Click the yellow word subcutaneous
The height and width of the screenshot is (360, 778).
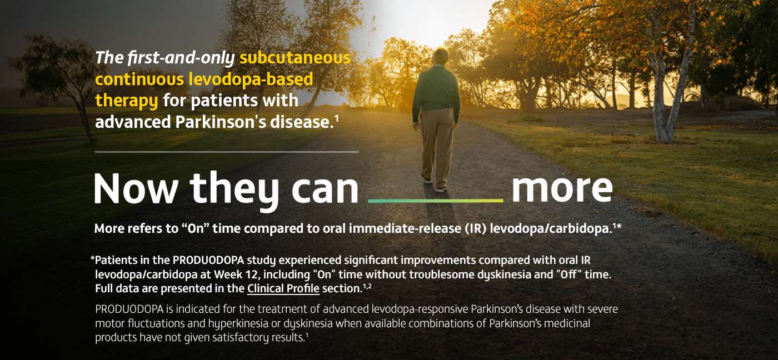pos(295,58)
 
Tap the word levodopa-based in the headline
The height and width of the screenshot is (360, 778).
pos(251,79)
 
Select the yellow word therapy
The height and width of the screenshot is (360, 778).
pos(127,101)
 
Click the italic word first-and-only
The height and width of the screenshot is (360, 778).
pos(181,58)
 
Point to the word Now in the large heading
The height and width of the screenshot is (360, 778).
pos(136,188)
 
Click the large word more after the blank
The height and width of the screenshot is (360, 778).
pos(562,189)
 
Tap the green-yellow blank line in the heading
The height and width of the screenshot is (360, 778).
pos(436,201)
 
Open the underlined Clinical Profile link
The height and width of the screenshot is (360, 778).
pos(283,288)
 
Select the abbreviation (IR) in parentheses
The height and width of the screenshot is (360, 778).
pos(475,228)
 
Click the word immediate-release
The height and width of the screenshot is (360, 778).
pos(405,228)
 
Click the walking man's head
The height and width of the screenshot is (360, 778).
pos(441,57)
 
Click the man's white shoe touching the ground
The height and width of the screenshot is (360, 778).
pos(441,189)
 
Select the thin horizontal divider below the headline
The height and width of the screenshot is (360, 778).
pos(227,152)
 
